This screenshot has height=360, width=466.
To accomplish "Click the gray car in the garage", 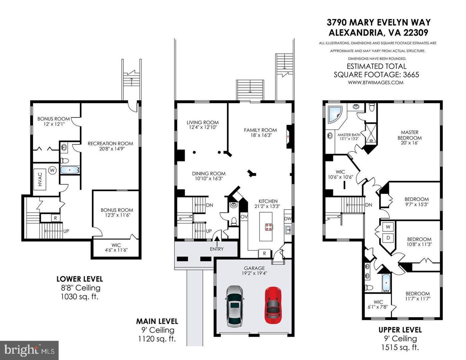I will (x=235, y=306).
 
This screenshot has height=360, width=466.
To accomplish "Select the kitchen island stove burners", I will (x=268, y=227).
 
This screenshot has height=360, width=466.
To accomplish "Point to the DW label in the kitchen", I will (x=288, y=219).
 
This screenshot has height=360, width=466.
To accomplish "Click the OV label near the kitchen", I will (x=244, y=217).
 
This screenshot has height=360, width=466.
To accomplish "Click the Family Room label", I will (x=260, y=130).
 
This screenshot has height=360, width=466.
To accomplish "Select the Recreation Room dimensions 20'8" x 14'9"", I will (x=110, y=149).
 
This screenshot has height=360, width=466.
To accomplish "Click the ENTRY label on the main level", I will (x=217, y=249).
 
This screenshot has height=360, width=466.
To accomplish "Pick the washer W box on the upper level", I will (x=388, y=227).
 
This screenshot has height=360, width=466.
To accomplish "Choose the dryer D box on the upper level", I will (x=388, y=238).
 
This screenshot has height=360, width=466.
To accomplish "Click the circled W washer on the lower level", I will (x=52, y=170).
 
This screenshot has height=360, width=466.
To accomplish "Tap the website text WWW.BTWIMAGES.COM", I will (x=376, y=82).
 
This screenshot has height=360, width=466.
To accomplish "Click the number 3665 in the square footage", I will (x=409, y=74).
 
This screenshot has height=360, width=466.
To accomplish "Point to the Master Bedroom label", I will (x=410, y=135).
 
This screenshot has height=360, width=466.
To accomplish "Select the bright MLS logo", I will (x=29, y=350).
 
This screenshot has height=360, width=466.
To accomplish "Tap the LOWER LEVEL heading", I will (x=79, y=279).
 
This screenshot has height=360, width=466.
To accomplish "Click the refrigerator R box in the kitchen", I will (x=265, y=253).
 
